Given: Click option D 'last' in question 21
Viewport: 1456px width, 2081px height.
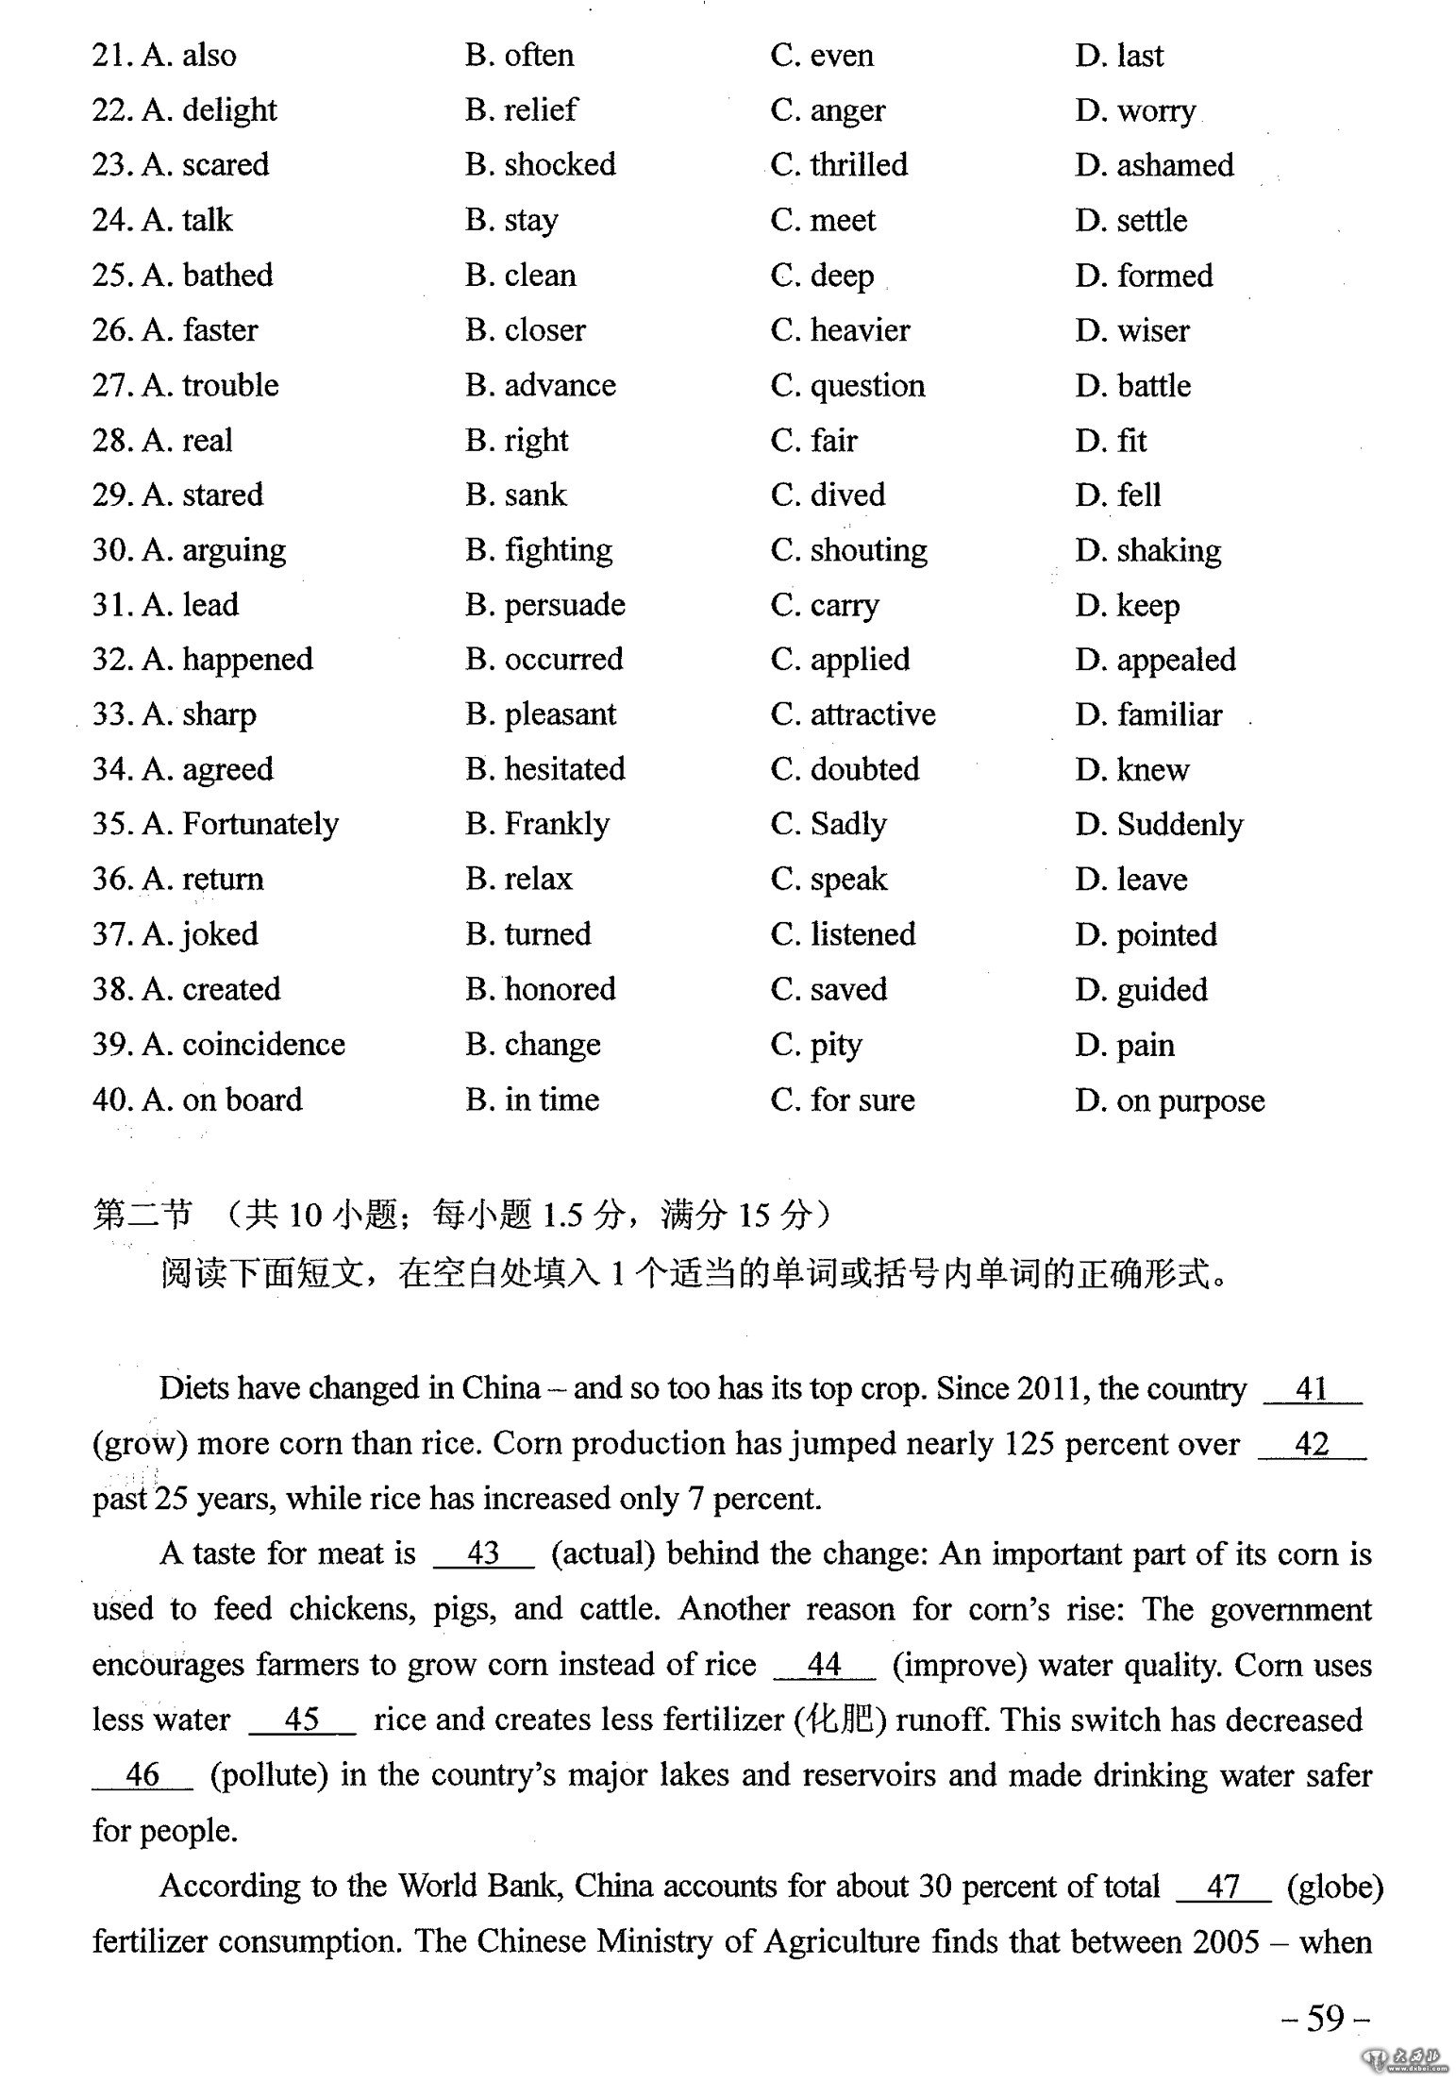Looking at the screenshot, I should point(1119,56).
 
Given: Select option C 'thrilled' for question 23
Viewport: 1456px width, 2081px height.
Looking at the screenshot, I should point(839,165).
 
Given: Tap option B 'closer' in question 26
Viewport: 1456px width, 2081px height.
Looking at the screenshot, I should point(526,330).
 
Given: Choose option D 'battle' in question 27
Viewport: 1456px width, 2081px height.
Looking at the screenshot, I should point(1132,386).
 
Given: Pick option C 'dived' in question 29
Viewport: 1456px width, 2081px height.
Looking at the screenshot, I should point(828,495).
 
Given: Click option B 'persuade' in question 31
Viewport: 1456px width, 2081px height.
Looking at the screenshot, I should point(545,605).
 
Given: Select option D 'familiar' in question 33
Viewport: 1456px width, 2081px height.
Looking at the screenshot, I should point(1148,715).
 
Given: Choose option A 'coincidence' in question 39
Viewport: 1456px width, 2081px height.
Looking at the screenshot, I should point(243,1045).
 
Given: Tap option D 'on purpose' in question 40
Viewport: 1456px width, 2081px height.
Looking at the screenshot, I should point(1170,1100).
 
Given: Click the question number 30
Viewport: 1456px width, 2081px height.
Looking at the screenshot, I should point(110,550).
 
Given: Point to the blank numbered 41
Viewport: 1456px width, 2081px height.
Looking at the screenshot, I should point(1312,1389).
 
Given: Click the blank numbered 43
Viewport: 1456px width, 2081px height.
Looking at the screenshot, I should point(483,1553).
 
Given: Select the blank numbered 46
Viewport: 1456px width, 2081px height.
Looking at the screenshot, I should point(142,1774).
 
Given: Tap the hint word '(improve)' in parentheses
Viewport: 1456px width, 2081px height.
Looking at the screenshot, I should point(959,1665).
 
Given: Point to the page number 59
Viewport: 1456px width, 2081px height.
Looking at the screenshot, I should point(1325,2018).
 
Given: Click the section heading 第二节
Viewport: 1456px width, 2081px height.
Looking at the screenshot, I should point(142,1214).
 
